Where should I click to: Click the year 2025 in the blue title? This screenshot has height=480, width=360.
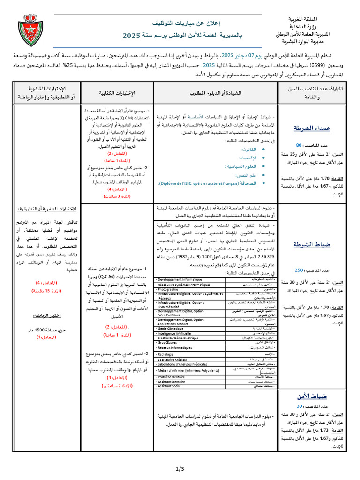tap(132, 35)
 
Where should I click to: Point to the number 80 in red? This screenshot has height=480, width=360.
tap(299, 145)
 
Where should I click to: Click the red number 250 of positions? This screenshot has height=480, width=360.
tap(299, 270)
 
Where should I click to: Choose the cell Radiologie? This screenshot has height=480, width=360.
tap(169, 354)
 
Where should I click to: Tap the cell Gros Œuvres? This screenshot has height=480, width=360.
tap(169, 343)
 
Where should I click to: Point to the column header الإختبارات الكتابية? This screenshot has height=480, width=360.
tap(118, 93)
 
